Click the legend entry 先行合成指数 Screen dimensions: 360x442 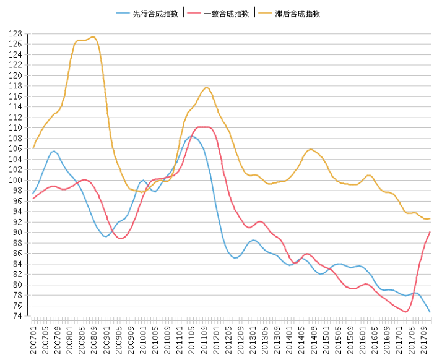tap(155, 14)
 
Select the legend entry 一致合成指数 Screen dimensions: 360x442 tap(225, 14)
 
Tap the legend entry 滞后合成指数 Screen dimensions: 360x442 tap(297, 14)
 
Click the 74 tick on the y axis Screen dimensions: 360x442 tap(19, 316)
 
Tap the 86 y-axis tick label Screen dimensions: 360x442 tap(19, 253)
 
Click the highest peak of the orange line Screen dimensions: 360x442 tap(93, 37)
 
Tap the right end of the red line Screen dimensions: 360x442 tap(430, 232)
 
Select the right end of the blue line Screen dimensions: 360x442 tap(430, 311)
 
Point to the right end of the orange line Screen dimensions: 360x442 tap(430, 218)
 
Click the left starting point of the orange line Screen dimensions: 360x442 tap(33, 148)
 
